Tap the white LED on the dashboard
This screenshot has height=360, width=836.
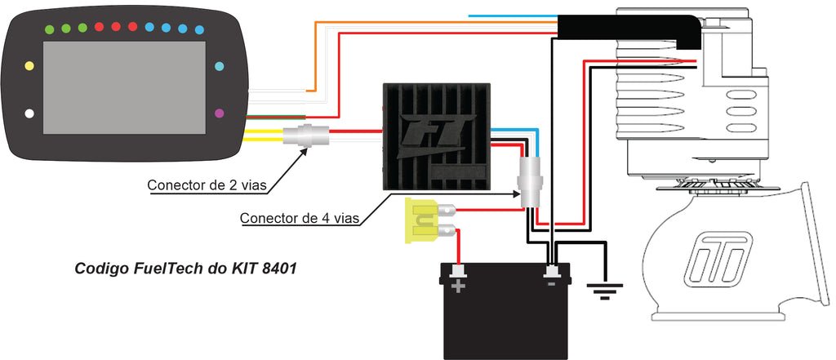(x=29, y=113)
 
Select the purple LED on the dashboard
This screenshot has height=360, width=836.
(x=219, y=113)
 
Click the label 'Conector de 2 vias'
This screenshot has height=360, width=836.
(x=207, y=185)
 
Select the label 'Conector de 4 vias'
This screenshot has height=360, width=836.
(x=300, y=219)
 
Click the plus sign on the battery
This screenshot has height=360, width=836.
(x=458, y=286)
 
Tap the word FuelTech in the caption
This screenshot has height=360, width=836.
(x=162, y=268)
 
